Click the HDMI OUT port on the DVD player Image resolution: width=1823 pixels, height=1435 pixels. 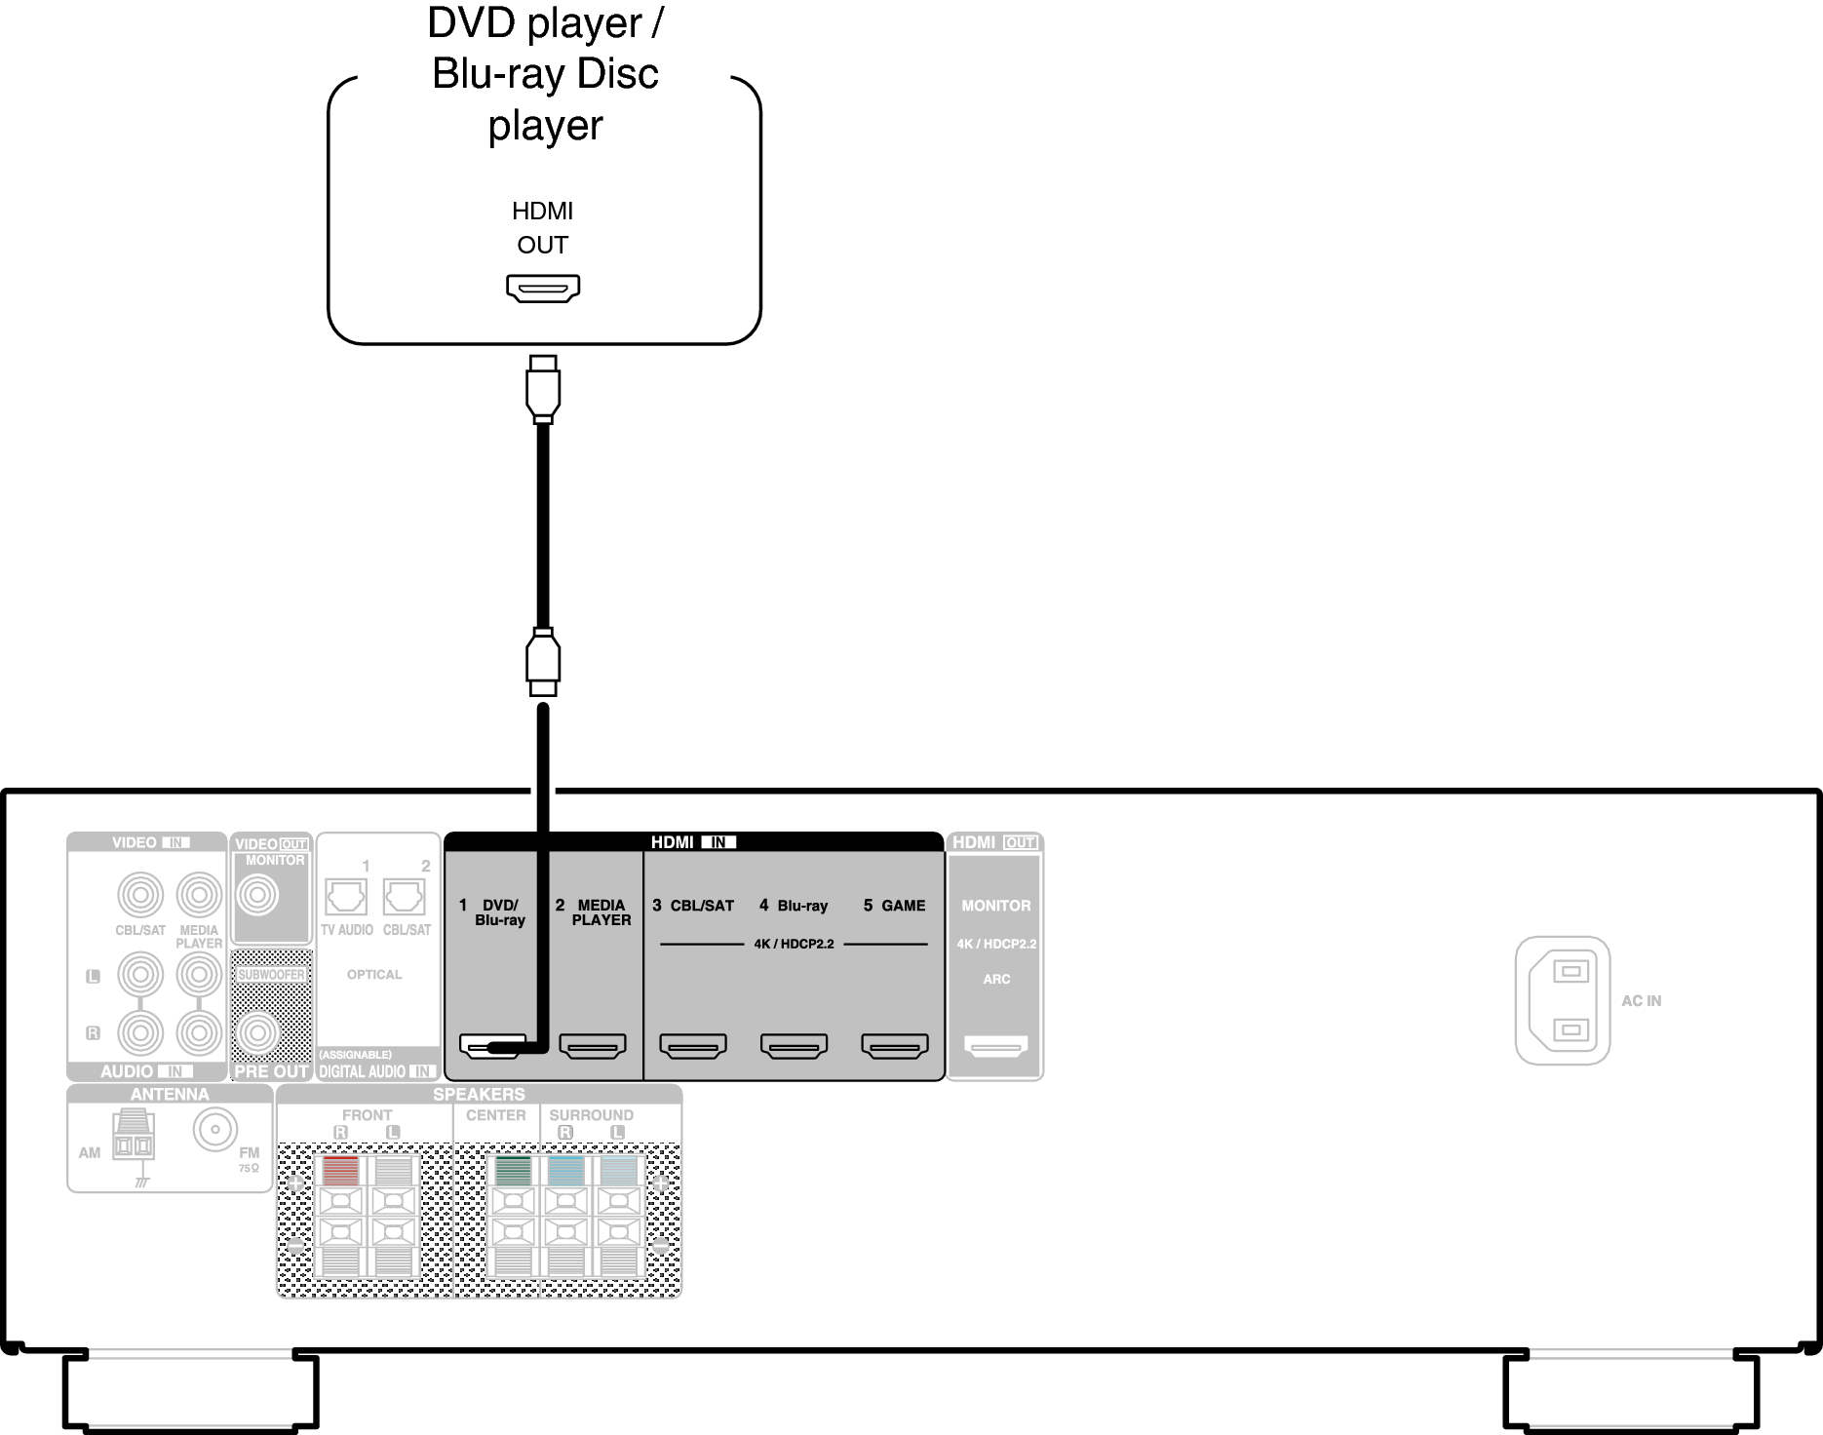point(543,288)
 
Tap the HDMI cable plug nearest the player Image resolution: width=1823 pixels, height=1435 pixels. point(543,388)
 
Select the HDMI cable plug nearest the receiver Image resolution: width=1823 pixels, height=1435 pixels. point(543,662)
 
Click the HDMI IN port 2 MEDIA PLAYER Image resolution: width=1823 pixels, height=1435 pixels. point(593,1047)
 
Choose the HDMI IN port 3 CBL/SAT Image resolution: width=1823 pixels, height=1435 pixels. point(693,1047)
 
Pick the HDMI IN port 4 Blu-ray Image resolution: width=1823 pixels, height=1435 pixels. point(794,1047)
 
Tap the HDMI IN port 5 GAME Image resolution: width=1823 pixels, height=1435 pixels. point(895,1047)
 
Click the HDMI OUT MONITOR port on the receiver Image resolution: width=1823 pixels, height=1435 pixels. point(995,1047)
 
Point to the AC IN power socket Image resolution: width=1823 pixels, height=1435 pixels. point(1563,1000)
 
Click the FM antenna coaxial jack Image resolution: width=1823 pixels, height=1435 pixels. point(214,1130)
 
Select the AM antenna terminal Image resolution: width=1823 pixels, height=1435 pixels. point(134,1143)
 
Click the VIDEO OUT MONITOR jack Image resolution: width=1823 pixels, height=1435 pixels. point(258,895)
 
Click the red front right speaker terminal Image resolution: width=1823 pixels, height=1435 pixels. point(340,1170)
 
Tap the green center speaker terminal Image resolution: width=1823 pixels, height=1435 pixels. point(514,1170)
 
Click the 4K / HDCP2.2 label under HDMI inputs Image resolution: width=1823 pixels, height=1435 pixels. point(794,944)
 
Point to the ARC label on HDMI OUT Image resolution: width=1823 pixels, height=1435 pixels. point(996,979)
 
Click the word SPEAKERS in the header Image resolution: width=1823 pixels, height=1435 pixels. point(479,1095)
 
